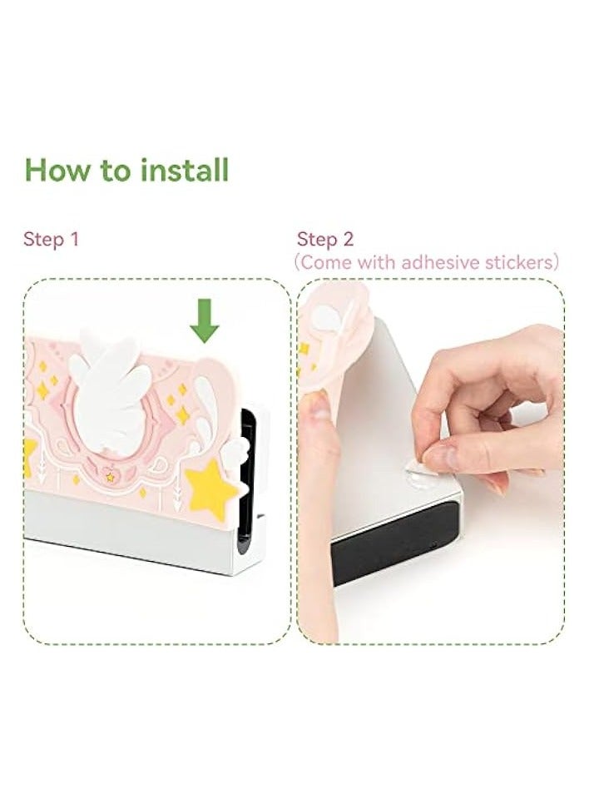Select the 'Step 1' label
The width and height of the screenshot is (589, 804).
click(51, 240)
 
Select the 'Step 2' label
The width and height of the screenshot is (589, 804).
click(325, 240)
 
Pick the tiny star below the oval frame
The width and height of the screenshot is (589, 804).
click(110, 477)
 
